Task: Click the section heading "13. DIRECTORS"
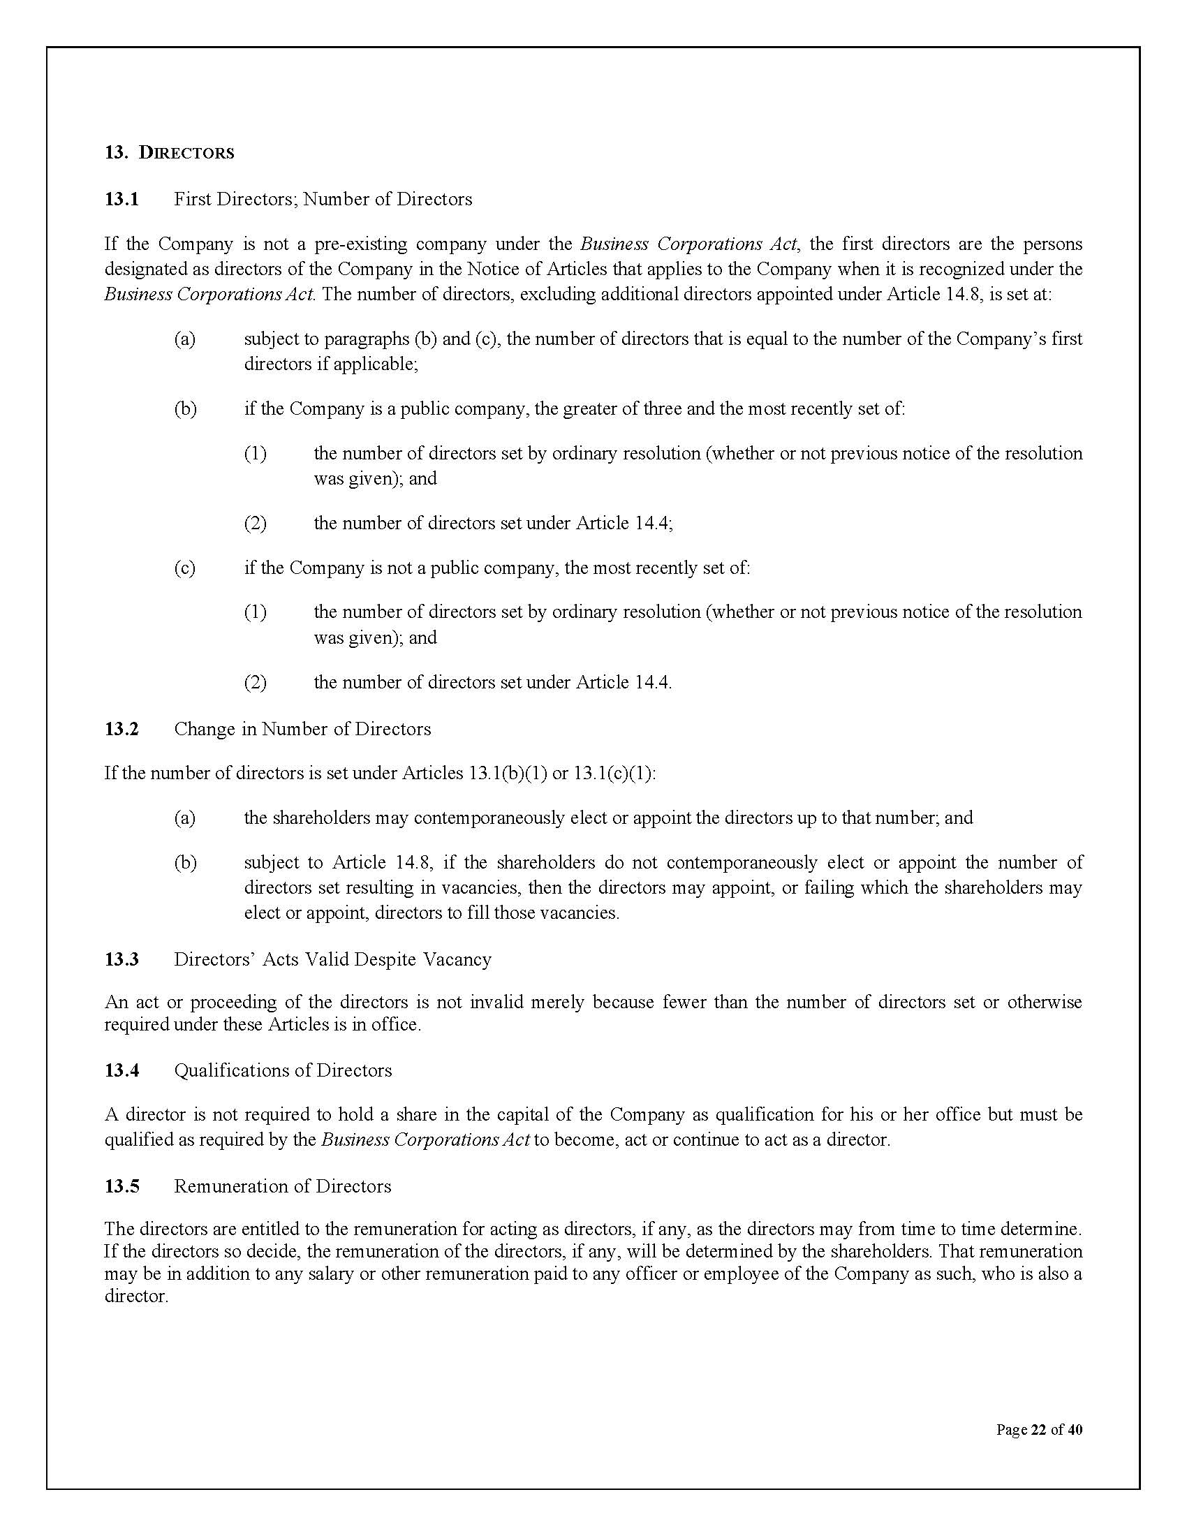click(x=170, y=153)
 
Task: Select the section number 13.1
click(x=121, y=199)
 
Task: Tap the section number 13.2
click(x=121, y=729)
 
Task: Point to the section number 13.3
click(x=121, y=959)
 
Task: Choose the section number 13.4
click(x=121, y=1070)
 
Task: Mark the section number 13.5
click(x=121, y=1186)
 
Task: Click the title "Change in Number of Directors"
click(x=302, y=729)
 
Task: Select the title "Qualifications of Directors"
click(x=283, y=1070)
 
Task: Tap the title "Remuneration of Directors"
click(x=282, y=1186)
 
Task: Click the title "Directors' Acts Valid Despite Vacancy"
click(x=332, y=959)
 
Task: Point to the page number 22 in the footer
click(x=1038, y=1429)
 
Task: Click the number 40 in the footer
click(x=1074, y=1429)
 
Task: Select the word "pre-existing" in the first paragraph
click(x=361, y=244)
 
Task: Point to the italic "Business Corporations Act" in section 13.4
click(x=425, y=1139)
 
